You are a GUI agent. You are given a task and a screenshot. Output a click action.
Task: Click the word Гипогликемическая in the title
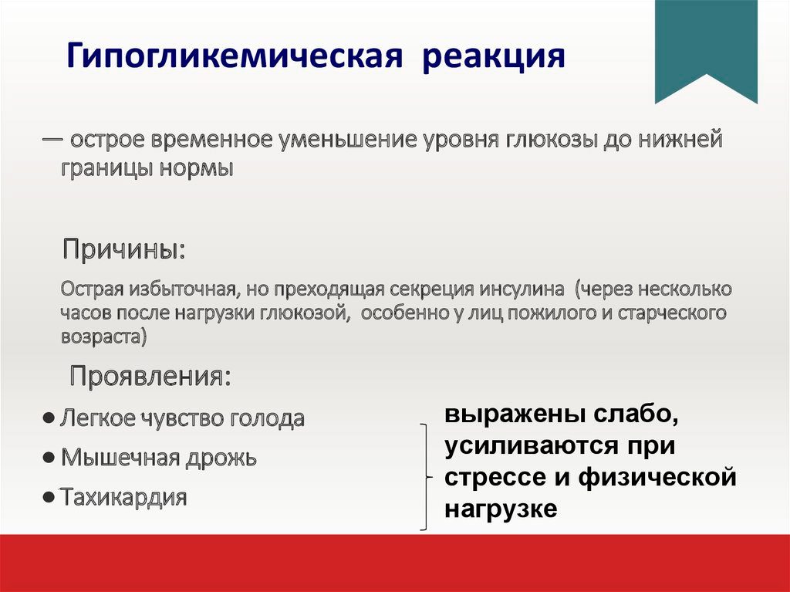click(235, 56)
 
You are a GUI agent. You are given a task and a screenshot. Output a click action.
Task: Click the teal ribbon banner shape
click(706, 50)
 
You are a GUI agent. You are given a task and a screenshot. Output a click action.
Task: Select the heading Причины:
click(124, 249)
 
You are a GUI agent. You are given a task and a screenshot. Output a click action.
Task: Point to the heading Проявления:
click(150, 376)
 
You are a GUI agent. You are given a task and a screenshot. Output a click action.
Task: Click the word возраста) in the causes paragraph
click(104, 337)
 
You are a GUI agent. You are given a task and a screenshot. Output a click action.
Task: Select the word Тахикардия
click(124, 497)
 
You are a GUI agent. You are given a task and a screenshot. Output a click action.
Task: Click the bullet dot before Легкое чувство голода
click(49, 418)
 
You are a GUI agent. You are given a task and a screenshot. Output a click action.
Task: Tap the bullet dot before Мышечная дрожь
click(49, 458)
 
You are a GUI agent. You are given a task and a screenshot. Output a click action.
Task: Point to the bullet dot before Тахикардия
click(49, 498)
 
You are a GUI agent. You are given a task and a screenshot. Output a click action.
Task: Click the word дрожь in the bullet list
click(221, 458)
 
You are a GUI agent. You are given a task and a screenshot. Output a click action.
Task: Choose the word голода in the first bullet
click(267, 419)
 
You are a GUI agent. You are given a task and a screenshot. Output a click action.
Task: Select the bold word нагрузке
click(501, 509)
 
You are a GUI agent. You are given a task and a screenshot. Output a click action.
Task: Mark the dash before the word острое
click(52, 137)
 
